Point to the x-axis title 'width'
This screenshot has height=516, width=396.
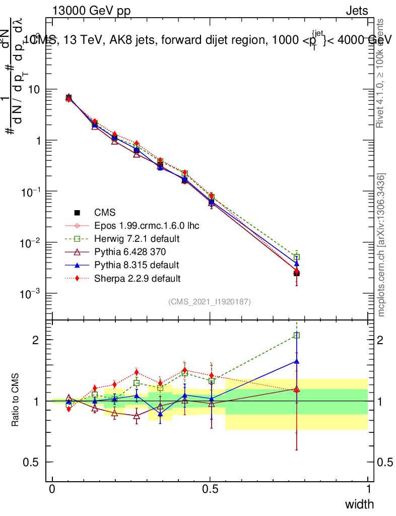click(x=359, y=504)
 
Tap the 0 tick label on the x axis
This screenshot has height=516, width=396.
click(x=52, y=489)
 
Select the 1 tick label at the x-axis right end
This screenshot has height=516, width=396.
click(x=368, y=489)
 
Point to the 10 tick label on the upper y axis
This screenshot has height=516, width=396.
click(x=36, y=90)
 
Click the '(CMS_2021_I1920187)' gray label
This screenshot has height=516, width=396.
click(x=210, y=301)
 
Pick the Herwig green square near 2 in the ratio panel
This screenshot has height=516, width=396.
click(x=297, y=335)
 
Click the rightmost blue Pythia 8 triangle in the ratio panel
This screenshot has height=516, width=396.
click(x=297, y=361)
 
